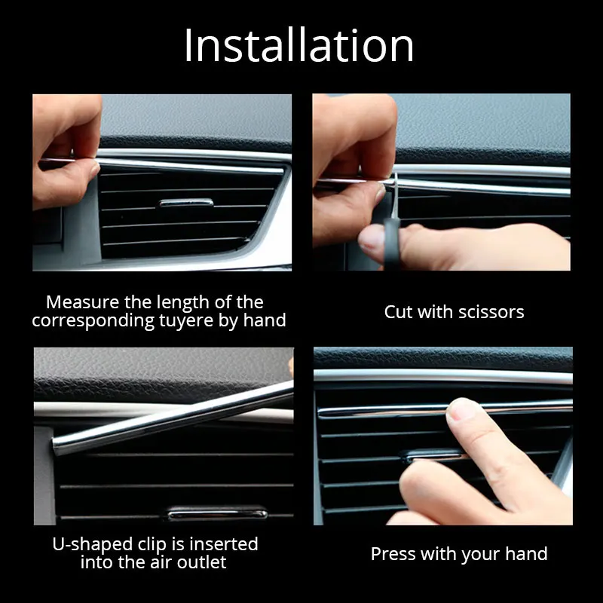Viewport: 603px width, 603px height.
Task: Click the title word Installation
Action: (x=298, y=45)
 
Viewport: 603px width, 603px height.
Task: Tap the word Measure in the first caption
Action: (x=83, y=302)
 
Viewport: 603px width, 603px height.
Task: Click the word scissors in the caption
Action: (x=491, y=312)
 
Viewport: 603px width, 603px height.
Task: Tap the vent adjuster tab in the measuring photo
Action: (x=186, y=203)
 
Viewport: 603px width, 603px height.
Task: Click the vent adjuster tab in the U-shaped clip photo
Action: (x=217, y=513)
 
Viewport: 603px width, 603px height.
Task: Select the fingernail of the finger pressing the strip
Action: (x=461, y=409)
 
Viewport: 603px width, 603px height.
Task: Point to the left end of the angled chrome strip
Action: (x=54, y=447)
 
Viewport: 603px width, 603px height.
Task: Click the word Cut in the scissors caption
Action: (x=399, y=312)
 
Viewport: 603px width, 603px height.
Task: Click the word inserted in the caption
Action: (x=224, y=544)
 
